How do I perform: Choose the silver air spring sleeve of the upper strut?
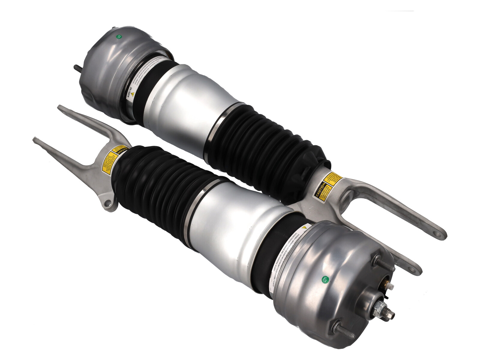point(192,102)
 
